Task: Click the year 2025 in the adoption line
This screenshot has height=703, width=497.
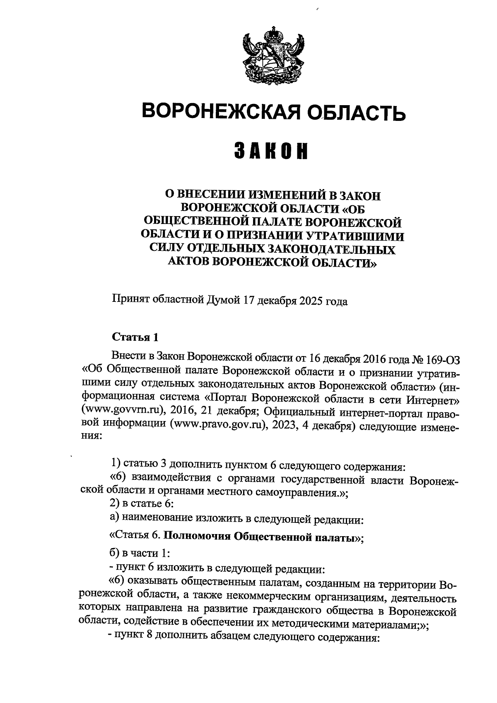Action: coord(306,301)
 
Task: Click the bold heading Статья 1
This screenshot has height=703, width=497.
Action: coord(135,337)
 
